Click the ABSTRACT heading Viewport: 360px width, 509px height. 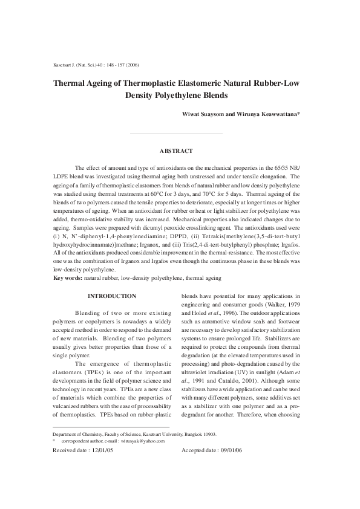pyautogui.click(x=176, y=150)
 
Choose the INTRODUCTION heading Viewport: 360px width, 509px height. pyautogui.click(x=112, y=296)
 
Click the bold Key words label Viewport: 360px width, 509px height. pyautogui.click(x=68, y=277)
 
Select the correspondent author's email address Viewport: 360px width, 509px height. pyautogui.click(x=143, y=475)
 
